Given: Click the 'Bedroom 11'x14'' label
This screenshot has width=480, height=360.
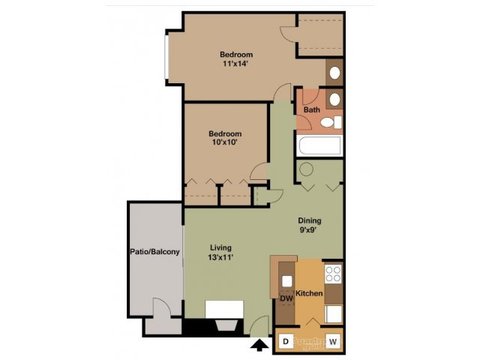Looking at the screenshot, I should (236, 59).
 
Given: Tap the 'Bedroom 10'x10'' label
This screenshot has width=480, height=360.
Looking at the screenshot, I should (224, 139).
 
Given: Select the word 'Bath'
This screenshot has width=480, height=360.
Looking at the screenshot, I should (312, 110).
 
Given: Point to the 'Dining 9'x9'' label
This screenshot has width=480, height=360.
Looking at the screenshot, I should (309, 227).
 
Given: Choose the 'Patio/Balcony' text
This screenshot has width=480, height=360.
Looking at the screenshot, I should (154, 252).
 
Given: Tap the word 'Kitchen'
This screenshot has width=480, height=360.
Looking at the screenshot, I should (309, 294).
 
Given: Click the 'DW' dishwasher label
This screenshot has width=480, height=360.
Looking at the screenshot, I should (285, 298).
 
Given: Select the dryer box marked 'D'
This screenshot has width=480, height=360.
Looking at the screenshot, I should (286, 341).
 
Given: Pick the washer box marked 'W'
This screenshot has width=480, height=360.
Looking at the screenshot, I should (332, 341).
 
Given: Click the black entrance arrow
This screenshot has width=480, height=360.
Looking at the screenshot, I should (261, 346).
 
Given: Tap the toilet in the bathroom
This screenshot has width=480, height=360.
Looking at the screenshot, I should (336, 123).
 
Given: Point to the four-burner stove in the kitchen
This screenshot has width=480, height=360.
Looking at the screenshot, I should (333, 272).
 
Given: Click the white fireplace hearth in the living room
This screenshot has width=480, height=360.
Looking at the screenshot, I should (222, 310).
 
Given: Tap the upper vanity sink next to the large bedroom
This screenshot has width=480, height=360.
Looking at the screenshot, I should (335, 72).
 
